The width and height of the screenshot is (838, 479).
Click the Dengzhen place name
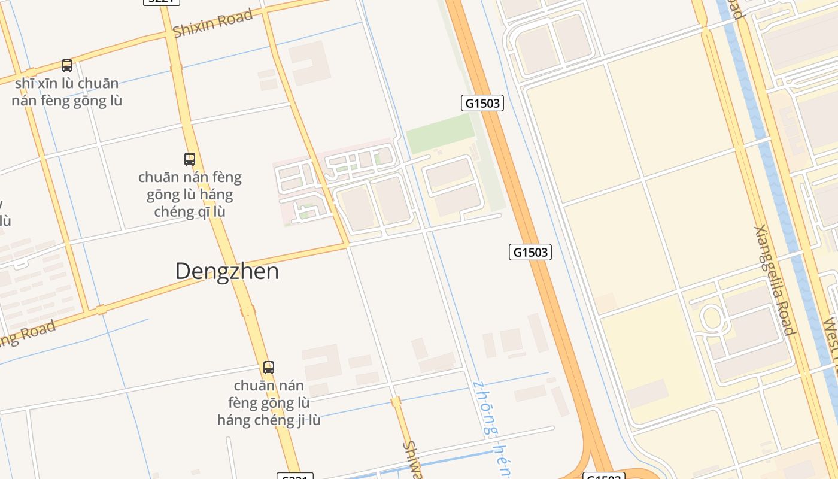[x=227, y=271]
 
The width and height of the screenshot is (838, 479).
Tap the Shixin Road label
[x=212, y=23]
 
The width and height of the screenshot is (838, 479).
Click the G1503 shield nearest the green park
[x=482, y=103]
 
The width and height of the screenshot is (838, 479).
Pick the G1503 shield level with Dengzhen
[x=530, y=252]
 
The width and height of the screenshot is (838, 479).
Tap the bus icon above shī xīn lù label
[x=67, y=66]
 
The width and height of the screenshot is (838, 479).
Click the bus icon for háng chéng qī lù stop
[x=190, y=159]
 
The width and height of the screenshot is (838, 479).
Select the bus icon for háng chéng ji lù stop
[x=269, y=368]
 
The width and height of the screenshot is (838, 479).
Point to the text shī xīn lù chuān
[x=66, y=83]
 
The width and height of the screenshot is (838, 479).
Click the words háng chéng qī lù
[x=190, y=211]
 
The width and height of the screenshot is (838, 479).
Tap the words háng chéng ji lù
[x=269, y=420]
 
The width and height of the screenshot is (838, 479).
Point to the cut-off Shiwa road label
[x=412, y=460]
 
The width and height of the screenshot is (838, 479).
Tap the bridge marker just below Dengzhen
[x=247, y=311]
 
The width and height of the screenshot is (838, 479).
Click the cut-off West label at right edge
[x=830, y=341]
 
